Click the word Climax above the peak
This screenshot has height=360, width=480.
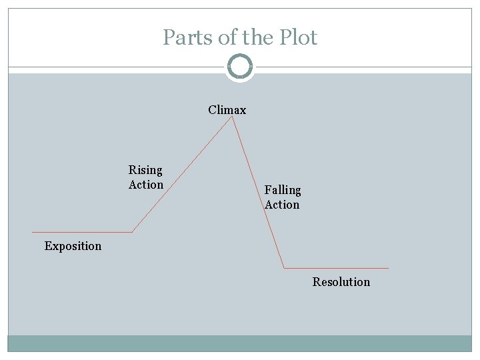(x=227, y=110)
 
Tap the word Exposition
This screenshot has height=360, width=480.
(x=73, y=246)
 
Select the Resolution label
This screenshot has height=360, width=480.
(x=341, y=282)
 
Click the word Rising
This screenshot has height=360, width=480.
(x=145, y=170)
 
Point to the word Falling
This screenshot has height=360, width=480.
(x=283, y=190)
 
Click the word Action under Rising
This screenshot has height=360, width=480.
(x=146, y=185)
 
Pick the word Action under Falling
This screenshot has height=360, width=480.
(x=282, y=205)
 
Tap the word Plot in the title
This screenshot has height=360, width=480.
(x=299, y=37)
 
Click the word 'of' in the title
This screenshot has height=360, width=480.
(x=227, y=37)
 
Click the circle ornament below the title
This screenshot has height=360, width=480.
(x=240, y=67)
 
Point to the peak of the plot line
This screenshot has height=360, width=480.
(x=231, y=117)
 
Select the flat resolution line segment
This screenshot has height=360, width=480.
(x=336, y=268)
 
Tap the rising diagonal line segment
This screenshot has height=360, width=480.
(x=181, y=175)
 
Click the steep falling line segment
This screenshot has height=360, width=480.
(x=257, y=193)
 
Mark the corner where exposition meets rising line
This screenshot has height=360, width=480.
(x=132, y=232)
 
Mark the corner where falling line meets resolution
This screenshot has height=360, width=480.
(x=284, y=268)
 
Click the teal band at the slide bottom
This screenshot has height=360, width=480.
(x=240, y=343)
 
